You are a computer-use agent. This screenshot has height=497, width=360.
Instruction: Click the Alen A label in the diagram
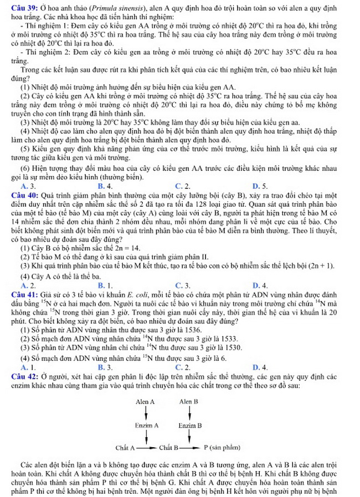click(x=145, y=401)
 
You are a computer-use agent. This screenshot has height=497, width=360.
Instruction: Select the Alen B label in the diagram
click(x=189, y=401)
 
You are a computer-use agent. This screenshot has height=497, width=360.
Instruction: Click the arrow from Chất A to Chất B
click(x=148, y=447)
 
